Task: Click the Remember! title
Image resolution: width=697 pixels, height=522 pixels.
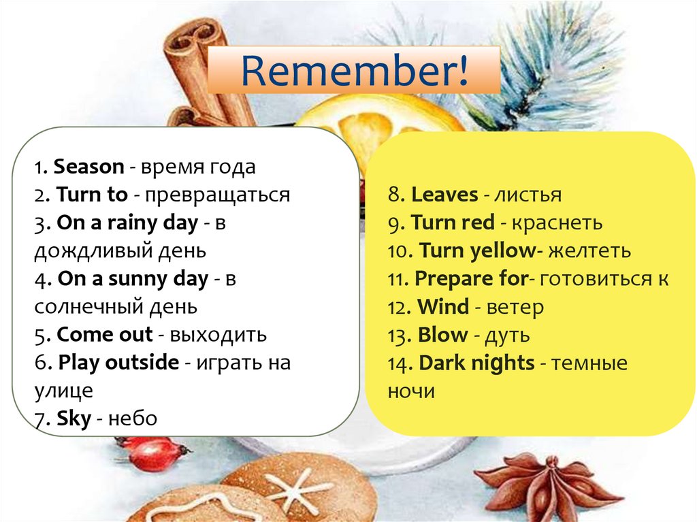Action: pos(354,71)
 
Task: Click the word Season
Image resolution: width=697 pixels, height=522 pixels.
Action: pos(88,167)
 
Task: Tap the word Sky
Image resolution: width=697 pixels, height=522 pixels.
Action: pos(74,419)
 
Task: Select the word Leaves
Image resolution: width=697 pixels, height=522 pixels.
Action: pos(444,195)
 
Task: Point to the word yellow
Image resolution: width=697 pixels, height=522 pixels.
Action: pos(503,251)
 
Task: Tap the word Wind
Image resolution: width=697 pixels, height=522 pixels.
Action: pos(443,307)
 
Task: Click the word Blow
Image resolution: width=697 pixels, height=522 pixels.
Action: pos(443,335)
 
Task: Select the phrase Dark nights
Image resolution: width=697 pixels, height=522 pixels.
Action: pos(476,363)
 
